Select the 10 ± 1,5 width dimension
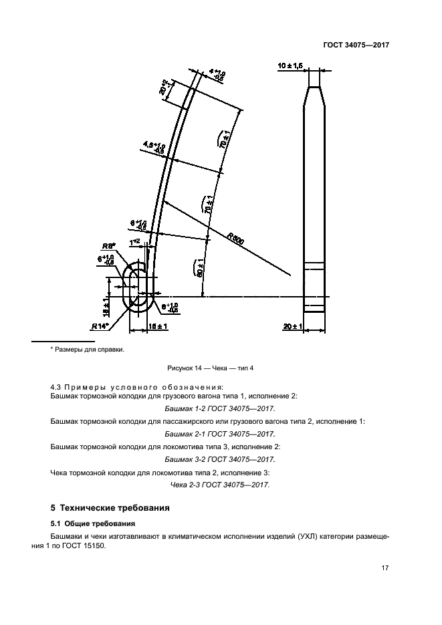[x=291, y=66]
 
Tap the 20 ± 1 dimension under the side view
[x=294, y=326]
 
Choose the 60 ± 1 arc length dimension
[x=199, y=267]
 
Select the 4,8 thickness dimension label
[x=154, y=146]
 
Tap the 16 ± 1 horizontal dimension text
[x=158, y=326]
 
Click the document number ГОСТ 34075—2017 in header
[x=356, y=45]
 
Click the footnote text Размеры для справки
[x=88, y=349]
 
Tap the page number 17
[x=384, y=568]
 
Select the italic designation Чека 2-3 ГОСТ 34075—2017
[x=220, y=485]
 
